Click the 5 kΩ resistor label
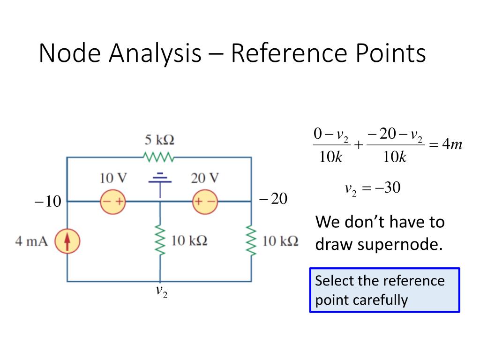tap(159, 140)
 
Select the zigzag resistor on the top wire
tap(159, 157)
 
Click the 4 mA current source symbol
tap(67, 242)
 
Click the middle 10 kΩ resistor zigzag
tap(160, 241)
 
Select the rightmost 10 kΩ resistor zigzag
tap(251, 241)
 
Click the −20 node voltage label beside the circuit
tap(273, 199)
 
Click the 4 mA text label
tap(31, 242)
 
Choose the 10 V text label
tap(113, 178)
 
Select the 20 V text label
tap(205, 178)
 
